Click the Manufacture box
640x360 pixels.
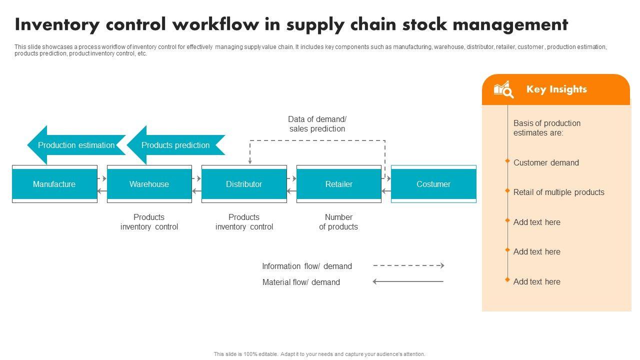(x=54, y=184)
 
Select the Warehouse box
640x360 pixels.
(x=149, y=184)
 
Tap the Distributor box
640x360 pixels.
(x=244, y=184)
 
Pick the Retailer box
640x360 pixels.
(x=338, y=184)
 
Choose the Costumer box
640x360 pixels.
(x=433, y=184)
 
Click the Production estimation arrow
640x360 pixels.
(x=76, y=145)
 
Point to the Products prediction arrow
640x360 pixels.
(x=175, y=145)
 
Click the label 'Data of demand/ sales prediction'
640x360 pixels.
(x=317, y=124)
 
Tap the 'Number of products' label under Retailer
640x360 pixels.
(x=338, y=222)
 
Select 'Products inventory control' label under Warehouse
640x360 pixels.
(x=149, y=222)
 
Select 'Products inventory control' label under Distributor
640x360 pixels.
(x=244, y=222)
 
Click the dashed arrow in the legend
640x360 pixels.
(x=408, y=266)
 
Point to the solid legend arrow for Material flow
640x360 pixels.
(x=408, y=282)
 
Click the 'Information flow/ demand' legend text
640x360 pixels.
(x=307, y=266)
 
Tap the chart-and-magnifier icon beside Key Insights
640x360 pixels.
(x=503, y=89)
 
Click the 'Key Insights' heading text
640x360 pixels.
(x=556, y=89)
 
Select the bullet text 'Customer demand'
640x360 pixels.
(x=546, y=162)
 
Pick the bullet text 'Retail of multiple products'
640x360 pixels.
(x=558, y=192)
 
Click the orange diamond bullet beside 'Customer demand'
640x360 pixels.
(x=507, y=161)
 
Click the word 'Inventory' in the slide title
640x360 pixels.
(x=54, y=24)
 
